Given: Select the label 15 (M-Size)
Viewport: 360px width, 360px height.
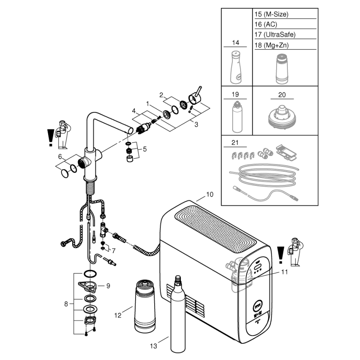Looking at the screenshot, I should pyautogui.click(x=271, y=15).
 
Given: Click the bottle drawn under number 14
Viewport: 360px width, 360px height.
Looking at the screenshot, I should pyautogui.click(x=236, y=67).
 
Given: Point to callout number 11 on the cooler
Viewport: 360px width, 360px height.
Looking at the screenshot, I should pyautogui.click(x=284, y=272).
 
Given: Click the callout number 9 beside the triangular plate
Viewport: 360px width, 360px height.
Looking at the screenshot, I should pyautogui.click(x=108, y=286).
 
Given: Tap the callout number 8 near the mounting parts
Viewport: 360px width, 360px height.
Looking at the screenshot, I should pyautogui.click(x=66, y=304).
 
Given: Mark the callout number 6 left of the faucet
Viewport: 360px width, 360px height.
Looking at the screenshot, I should pyautogui.click(x=60, y=156).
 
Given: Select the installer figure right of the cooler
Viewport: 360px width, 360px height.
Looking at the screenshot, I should pyautogui.click(x=295, y=251).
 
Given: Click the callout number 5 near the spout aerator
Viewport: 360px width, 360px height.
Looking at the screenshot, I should pyautogui.click(x=144, y=148).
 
